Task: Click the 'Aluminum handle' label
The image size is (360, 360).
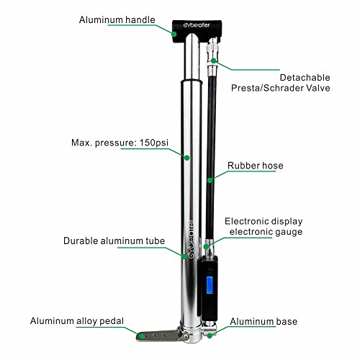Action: (117, 19)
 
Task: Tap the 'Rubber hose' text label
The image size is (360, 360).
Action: (256, 166)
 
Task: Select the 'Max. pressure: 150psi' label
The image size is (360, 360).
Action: (120, 143)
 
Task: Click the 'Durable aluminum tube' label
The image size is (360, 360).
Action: (114, 240)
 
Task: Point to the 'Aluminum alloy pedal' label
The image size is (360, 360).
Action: (77, 321)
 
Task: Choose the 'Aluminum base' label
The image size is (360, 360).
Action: (264, 321)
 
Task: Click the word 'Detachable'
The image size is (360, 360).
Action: (305, 78)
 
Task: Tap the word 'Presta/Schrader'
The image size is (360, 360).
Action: (265, 88)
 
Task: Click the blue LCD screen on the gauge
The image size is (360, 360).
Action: (210, 285)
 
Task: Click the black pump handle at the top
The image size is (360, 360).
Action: (197, 31)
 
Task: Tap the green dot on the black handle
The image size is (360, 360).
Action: (174, 34)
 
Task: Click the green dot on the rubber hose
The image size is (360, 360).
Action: (210, 180)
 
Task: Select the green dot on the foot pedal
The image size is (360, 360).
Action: (143, 336)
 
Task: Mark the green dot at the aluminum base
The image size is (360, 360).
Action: (210, 336)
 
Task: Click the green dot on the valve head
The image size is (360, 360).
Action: (214, 60)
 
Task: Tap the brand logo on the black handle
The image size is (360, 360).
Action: (197, 25)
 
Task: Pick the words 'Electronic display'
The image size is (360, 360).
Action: (264, 221)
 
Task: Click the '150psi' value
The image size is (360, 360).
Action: (154, 143)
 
